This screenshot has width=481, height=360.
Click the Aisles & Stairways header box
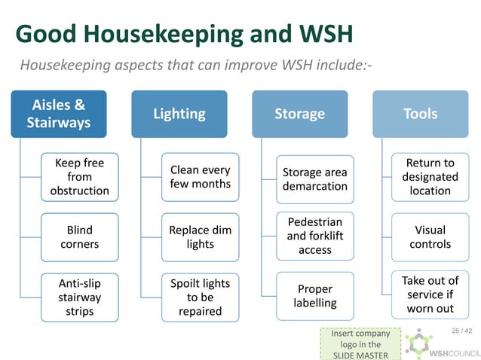point(59,114)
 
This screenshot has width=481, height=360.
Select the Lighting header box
point(179,114)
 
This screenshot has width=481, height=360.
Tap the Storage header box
point(299,114)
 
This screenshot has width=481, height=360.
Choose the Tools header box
point(420,114)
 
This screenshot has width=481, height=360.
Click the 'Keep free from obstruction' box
point(79,177)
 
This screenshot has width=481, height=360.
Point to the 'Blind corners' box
point(79,236)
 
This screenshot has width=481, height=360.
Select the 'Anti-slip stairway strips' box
point(79,297)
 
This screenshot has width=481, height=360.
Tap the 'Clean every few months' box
point(200,177)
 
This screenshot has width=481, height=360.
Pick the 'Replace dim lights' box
point(200,236)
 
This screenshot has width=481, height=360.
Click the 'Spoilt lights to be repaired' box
point(200,297)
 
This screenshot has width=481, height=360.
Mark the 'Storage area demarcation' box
point(314,178)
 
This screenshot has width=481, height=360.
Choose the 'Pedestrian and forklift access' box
point(314,236)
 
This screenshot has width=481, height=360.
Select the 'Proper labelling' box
point(314,296)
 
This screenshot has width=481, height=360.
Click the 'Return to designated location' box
point(430,177)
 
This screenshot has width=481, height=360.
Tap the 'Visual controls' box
point(430,236)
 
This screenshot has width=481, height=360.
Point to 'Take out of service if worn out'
point(430,294)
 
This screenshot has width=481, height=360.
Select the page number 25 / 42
point(461,331)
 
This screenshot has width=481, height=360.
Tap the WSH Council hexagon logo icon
point(418,345)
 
